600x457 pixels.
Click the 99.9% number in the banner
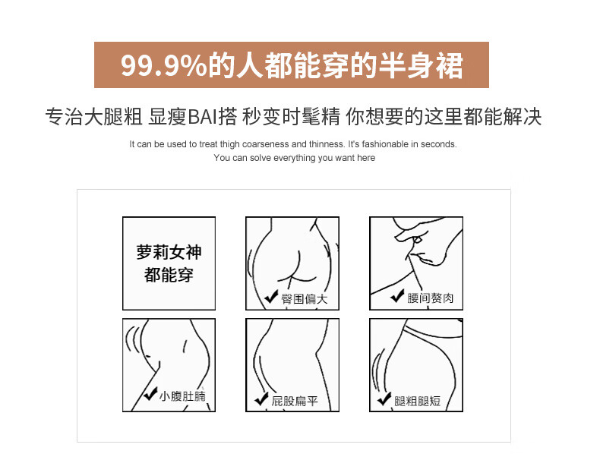[x=164, y=66]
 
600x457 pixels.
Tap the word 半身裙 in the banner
[x=421, y=65]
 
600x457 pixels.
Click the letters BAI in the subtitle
[x=203, y=117]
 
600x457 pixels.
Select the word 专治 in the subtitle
[x=65, y=117]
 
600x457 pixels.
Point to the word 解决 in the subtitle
[x=523, y=117]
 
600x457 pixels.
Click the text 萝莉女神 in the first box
[x=169, y=252]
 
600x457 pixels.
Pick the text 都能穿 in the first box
[x=169, y=275]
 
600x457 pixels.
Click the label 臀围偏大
[x=305, y=298]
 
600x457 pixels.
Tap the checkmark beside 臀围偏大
[x=271, y=296]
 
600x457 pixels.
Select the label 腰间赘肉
[x=430, y=298]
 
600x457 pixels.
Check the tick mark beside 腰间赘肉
[x=397, y=295]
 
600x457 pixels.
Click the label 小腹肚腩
[x=182, y=396]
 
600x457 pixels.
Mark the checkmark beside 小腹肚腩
[x=150, y=393]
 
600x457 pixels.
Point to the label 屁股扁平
[x=295, y=401]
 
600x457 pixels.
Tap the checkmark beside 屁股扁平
[x=261, y=399]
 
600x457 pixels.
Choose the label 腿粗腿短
[x=418, y=401]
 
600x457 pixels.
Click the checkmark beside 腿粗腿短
[x=384, y=399]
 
